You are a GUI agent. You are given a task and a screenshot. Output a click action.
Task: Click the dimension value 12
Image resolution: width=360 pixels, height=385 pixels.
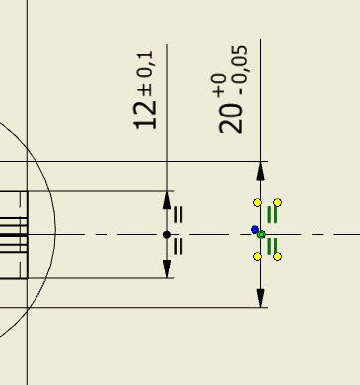(x=145, y=115)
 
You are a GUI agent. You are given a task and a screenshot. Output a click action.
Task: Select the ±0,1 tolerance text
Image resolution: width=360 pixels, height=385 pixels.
(x=146, y=74)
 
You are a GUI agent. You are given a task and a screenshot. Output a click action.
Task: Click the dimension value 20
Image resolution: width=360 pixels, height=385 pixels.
(x=230, y=118)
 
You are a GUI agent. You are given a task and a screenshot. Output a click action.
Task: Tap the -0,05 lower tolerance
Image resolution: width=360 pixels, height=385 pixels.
(x=240, y=70)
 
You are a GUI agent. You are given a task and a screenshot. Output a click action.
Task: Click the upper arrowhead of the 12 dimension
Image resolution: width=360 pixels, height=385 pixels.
(x=167, y=199)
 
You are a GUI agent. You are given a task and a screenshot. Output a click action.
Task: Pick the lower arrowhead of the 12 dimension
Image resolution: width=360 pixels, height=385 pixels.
(x=167, y=269)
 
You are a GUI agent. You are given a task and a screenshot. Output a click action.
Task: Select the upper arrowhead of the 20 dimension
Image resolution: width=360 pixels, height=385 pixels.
(x=260, y=171)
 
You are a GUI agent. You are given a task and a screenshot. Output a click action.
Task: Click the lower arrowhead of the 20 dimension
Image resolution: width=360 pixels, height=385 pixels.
(x=260, y=298)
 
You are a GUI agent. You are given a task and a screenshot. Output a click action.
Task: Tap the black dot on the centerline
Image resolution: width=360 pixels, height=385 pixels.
(x=167, y=235)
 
